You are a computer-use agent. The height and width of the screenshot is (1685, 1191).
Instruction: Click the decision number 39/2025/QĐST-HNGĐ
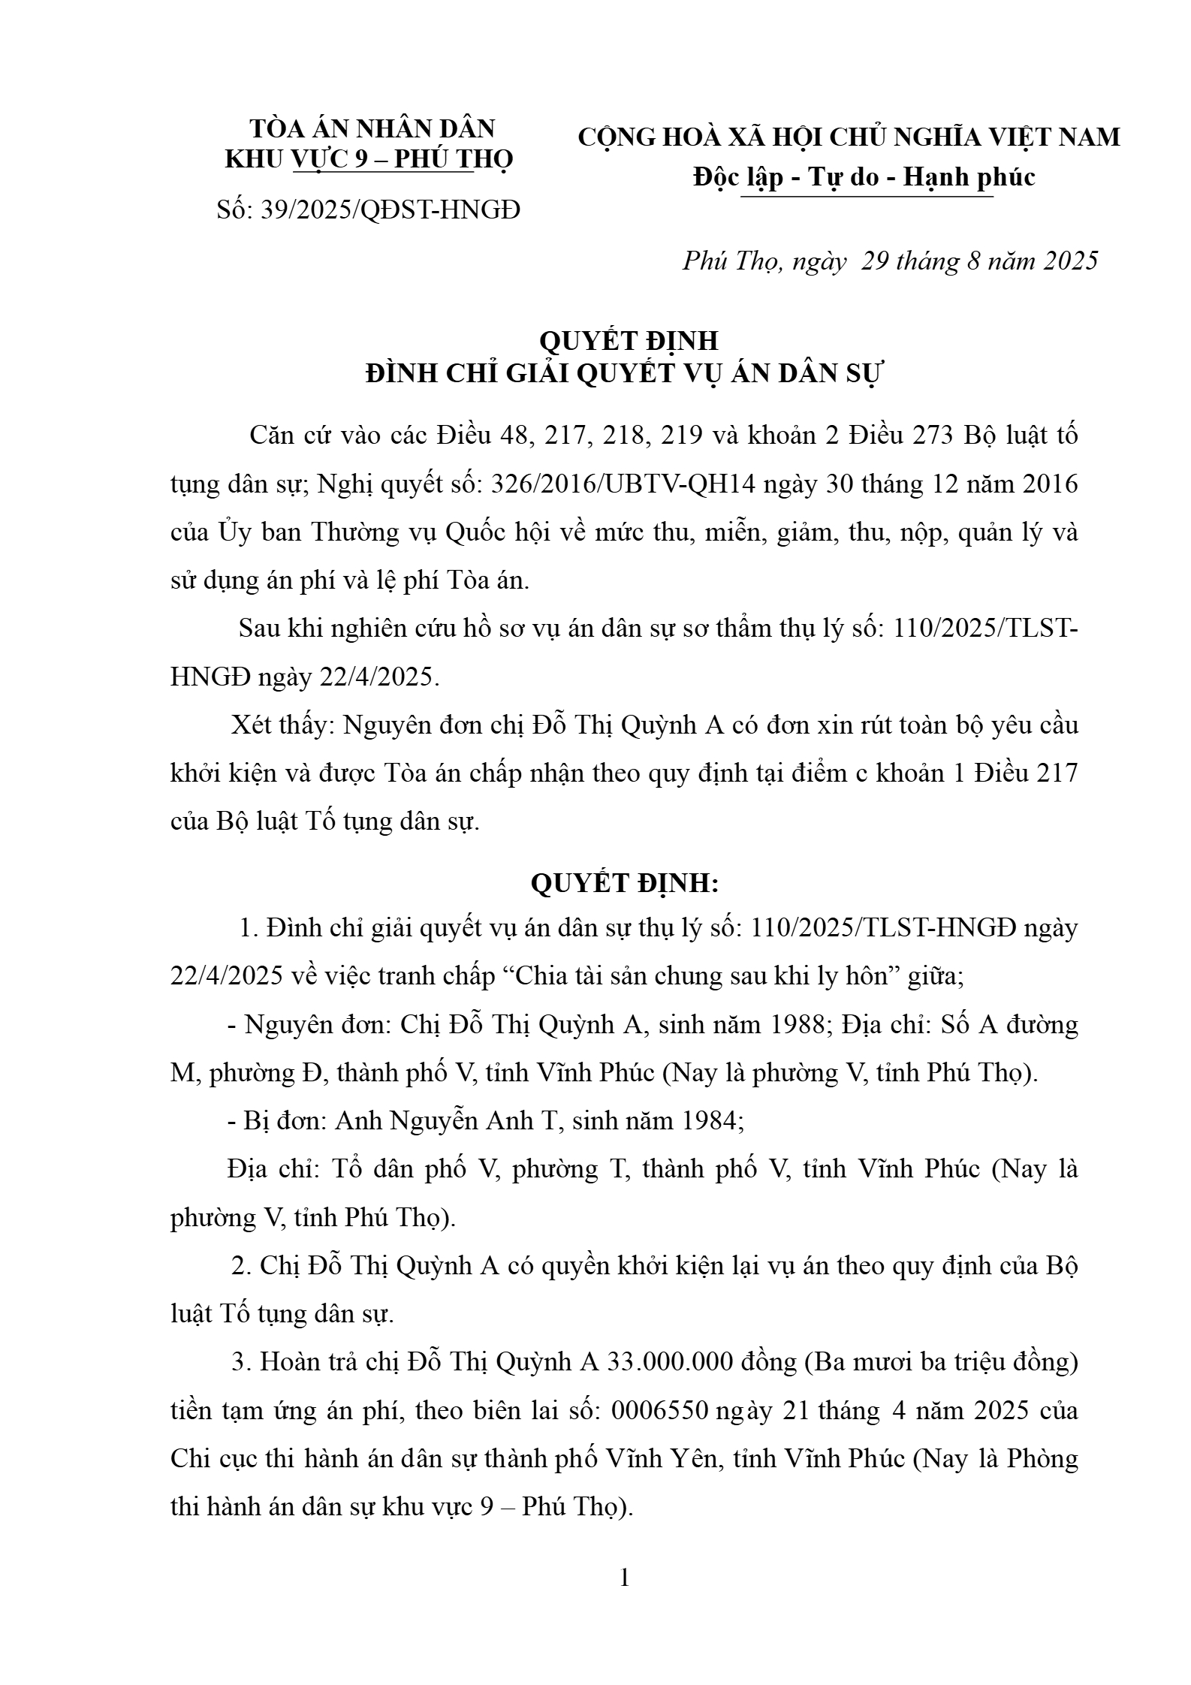[x=390, y=209]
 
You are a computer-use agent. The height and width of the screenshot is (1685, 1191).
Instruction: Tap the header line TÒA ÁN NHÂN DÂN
[x=372, y=128]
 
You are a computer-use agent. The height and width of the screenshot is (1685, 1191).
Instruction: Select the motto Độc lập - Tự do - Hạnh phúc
[x=864, y=176]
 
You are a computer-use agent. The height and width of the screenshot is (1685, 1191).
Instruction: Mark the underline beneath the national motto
[x=867, y=197]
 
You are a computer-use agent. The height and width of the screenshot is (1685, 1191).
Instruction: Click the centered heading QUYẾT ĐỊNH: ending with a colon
[x=625, y=884]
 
